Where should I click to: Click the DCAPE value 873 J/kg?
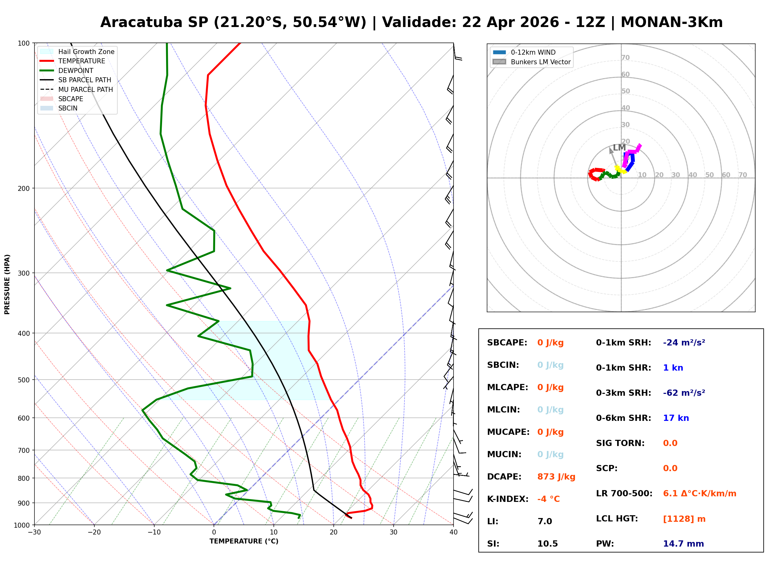556,477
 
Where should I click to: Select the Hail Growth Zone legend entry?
86,52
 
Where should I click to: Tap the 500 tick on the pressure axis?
23,380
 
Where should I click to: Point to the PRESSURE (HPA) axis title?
7,284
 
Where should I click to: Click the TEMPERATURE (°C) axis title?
244,542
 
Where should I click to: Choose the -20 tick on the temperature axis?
94,533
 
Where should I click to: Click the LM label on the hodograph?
619,147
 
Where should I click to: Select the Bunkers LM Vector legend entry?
540,62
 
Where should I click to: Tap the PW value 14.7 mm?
683,544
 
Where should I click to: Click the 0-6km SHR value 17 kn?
676,418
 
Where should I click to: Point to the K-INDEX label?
508,499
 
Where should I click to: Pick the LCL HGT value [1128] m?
684,519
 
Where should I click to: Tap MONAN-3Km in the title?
671,22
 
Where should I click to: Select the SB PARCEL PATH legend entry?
84,80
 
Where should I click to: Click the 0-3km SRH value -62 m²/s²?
684,393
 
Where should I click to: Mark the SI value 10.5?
547,544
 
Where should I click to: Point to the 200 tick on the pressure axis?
23,188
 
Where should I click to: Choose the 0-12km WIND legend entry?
533,52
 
